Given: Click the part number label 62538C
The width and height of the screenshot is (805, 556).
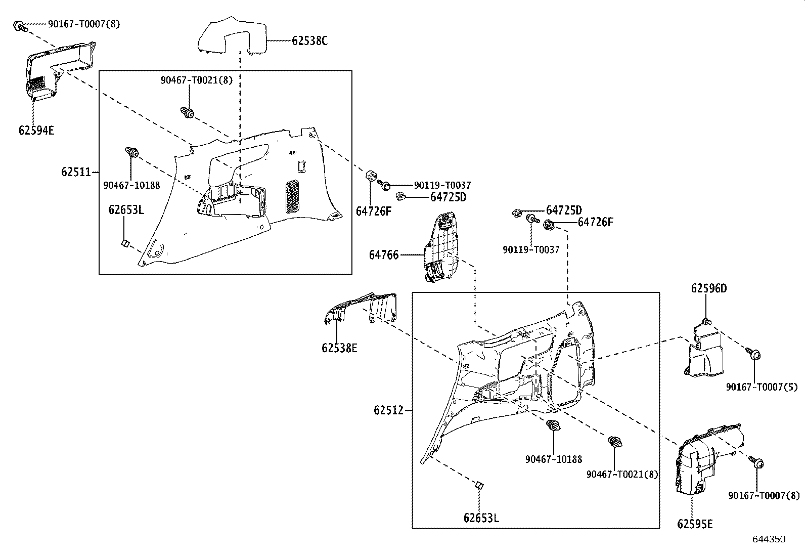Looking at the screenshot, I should [x=309, y=41].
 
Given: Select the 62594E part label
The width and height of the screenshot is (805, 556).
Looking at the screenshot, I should [x=36, y=130].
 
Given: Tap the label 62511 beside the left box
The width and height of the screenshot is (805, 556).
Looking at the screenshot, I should [x=76, y=172].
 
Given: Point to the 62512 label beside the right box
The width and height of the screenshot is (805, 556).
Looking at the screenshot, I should [x=389, y=410].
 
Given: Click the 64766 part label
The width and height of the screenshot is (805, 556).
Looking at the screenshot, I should [x=384, y=255].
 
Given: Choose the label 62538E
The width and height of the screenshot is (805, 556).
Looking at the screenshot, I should [x=339, y=348].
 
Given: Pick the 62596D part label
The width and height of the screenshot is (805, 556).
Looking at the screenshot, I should [x=709, y=288].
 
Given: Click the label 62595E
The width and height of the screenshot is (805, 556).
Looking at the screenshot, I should [x=695, y=524].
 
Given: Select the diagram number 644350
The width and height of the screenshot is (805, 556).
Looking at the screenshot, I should [x=769, y=539].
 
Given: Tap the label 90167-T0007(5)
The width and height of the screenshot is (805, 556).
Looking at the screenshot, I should [x=762, y=387].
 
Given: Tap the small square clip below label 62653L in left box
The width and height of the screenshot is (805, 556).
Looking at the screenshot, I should [x=124, y=244].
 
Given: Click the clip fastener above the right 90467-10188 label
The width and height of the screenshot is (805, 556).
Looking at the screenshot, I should [x=554, y=425].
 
